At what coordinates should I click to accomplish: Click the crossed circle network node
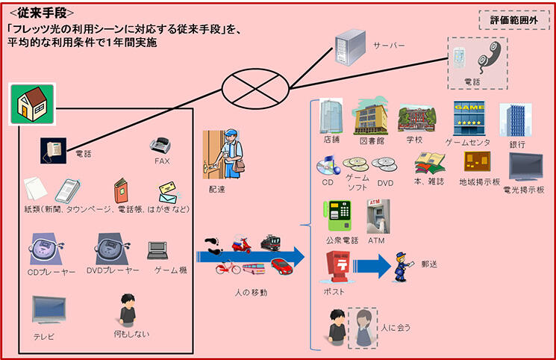tap(254, 88)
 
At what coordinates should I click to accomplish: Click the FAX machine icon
tap(162, 144)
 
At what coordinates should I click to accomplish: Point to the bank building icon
tap(515, 120)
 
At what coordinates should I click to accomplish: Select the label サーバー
tap(389, 46)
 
